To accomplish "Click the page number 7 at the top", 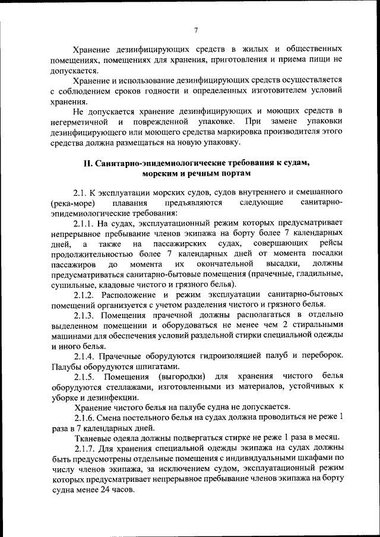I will [195, 31].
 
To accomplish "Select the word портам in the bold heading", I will [233, 173].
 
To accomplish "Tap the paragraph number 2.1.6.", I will [84, 417].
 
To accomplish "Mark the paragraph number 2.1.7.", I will [84, 447].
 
